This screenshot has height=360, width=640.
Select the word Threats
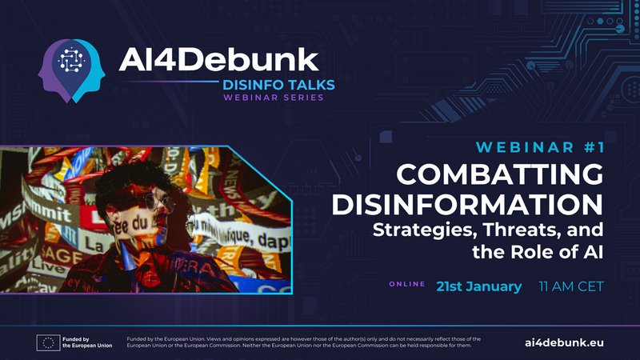515,231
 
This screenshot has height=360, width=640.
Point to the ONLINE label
407,284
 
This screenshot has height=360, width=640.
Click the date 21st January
478,286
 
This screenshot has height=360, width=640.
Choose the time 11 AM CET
571,286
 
